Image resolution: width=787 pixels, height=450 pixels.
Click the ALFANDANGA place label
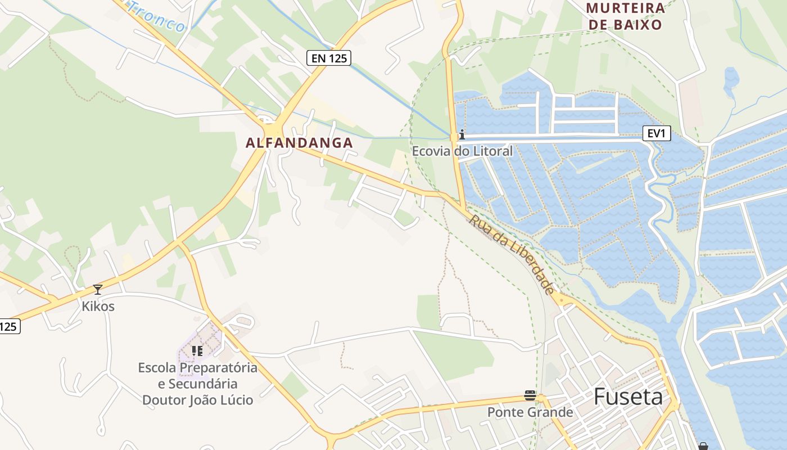(299, 143)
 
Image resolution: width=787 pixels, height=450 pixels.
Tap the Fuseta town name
(628, 397)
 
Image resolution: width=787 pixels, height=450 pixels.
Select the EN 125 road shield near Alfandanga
(329, 57)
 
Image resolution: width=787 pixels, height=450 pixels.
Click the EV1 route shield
(657, 133)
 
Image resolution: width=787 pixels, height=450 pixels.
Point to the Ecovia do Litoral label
(462, 151)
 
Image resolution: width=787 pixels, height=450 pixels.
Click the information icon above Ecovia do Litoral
(462, 134)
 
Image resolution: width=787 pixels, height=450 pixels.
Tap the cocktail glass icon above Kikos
(98, 290)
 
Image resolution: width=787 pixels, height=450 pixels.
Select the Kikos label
(98, 307)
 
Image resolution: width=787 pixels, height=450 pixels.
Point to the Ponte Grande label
(530, 412)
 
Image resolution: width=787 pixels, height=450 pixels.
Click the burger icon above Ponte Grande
(530, 395)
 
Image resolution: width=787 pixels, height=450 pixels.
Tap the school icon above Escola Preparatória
(197, 351)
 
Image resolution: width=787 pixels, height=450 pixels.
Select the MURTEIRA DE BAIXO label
(625, 16)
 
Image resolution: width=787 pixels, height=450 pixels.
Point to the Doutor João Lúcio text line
(197, 400)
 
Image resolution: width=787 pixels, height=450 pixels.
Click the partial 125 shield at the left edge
(9, 326)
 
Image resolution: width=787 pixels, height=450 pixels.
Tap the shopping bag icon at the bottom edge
(703, 447)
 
